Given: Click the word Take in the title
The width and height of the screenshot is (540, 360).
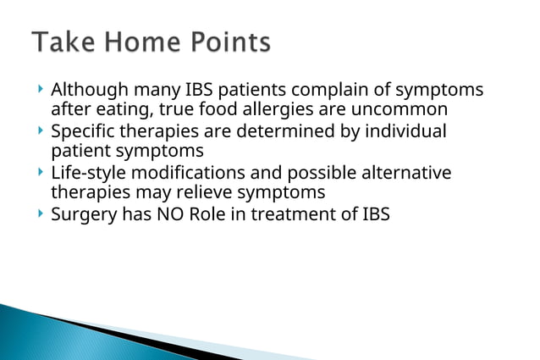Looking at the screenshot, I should (63, 42).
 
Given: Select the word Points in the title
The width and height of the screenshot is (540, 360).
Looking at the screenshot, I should (229, 42).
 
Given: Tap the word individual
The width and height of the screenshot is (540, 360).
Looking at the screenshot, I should (403, 131).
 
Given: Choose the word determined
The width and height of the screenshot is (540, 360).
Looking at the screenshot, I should (284, 131).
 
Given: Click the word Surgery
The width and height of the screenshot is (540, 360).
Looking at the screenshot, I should (85, 214).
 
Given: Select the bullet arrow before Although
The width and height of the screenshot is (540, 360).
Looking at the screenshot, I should (41, 90).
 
